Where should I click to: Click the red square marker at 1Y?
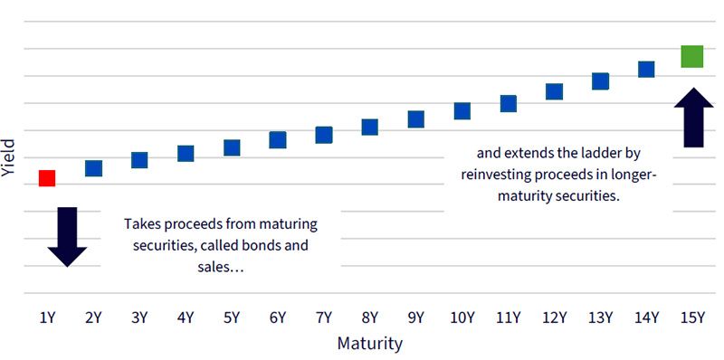[x=47, y=178]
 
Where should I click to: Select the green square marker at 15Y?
[x=692, y=56]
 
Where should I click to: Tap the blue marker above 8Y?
[x=370, y=127]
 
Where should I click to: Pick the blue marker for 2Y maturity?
[x=93, y=168]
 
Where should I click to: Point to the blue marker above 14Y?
[x=646, y=70]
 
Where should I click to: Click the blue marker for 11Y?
[x=509, y=104]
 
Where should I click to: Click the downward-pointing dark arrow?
[x=67, y=237]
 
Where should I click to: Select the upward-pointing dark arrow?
[x=693, y=118]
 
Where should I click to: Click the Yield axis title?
[x=8, y=158]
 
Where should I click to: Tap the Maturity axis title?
[x=369, y=344]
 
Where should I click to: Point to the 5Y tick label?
[x=232, y=318]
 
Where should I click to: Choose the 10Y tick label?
[x=462, y=318]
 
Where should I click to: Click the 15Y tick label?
[x=692, y=318]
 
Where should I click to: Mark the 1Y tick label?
[x=47, y=318]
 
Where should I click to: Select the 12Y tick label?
[x=555, y=318]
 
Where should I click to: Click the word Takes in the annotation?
[x=140, y=224]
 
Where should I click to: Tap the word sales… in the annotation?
[x=221, y=267]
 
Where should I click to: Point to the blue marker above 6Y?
[x=278, y=140]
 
